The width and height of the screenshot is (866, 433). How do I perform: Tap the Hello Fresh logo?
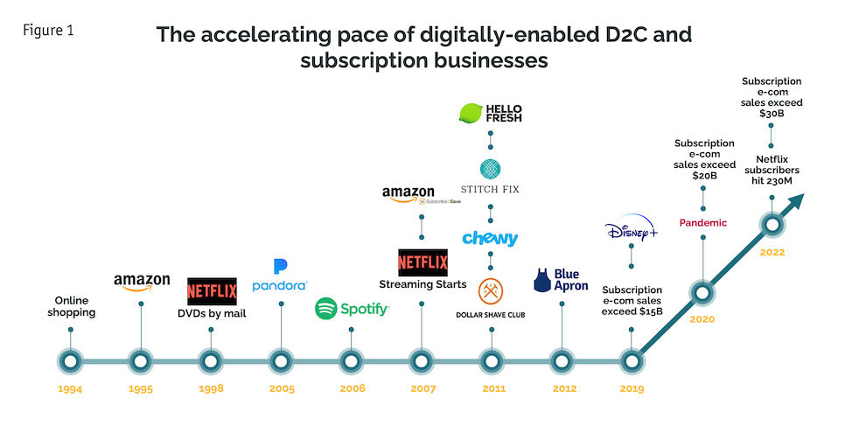tap(490, 113)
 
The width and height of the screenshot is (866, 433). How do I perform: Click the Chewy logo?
tap(490, 238)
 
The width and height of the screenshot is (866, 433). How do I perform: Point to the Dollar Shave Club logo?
tap(490, 297)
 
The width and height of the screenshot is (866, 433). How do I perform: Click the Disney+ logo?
tap(631, 233)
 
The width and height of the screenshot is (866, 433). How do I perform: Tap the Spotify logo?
tap(352, 308)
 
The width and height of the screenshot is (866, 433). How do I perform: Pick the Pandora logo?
tap(280, 276)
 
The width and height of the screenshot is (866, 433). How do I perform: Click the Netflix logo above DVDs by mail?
tap(211, 290)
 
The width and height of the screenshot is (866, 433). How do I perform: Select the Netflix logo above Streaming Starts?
tap(423, 262)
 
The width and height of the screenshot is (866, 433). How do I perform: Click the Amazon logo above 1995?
tap(141, 282)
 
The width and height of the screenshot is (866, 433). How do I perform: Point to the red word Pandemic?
tap(702, 222)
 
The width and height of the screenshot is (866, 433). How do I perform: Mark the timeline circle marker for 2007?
tap(422, 360)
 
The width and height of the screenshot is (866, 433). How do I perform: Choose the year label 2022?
tap(772, 252)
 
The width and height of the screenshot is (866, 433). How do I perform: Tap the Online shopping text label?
tap(70, 307)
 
